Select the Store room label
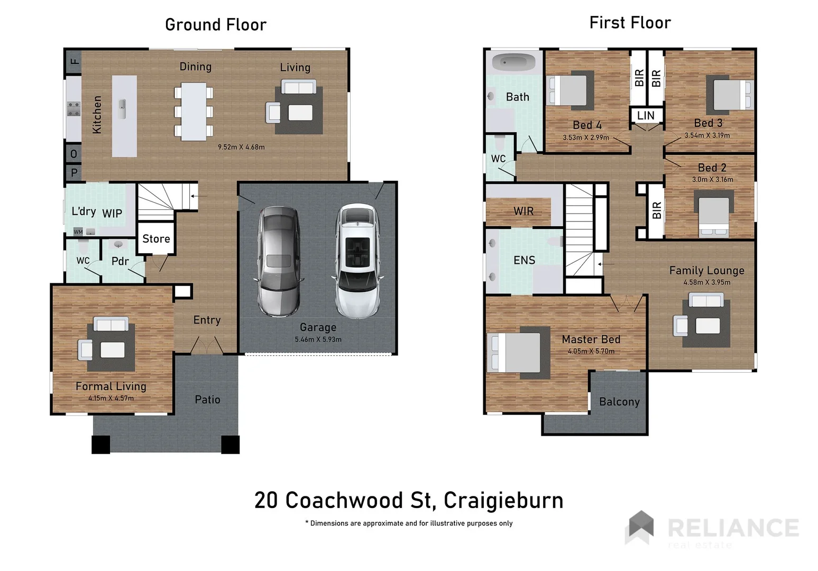(x=156, y=239)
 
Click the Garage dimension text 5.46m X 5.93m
(x=318, y=339)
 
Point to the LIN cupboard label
(x=646, y=115)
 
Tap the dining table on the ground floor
(x=194, y=111)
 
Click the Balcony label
(x=619, y=402)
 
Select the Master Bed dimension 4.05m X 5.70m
(x=591, y=351)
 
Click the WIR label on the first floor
(x=523, y=211)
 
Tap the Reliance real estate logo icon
(x=640, y=527)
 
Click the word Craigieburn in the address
(x=503, y=500)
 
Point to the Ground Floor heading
(x=216, y=25)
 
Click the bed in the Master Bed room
(x=517, y=353)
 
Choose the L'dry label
(x=84, y=211)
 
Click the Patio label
(x=207, y=400)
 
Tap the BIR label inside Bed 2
(x=657, y=210)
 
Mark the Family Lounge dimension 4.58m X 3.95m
(x=706, y=282)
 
